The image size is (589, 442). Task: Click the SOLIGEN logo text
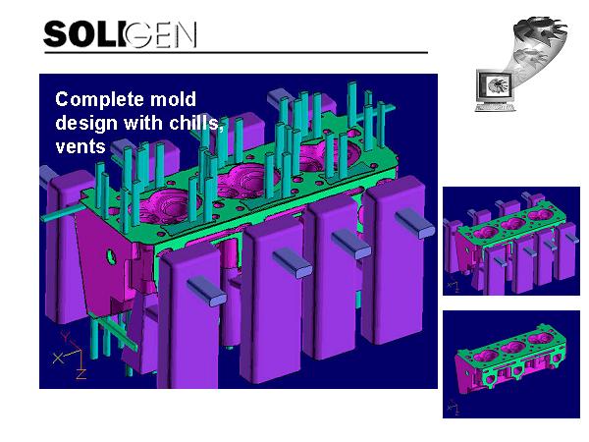[x=120, y=34]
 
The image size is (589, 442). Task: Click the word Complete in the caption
[x=99, y=99]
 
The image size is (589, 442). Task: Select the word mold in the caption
[x=173, y=99]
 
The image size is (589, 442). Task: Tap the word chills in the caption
[x=196, y=123]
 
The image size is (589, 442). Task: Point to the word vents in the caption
[x=80, y=146]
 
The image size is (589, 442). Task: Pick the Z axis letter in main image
[x=81, y=374]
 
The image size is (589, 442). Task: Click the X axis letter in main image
[x=58, y=359]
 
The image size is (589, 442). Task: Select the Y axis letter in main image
[x=66, y=336]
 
